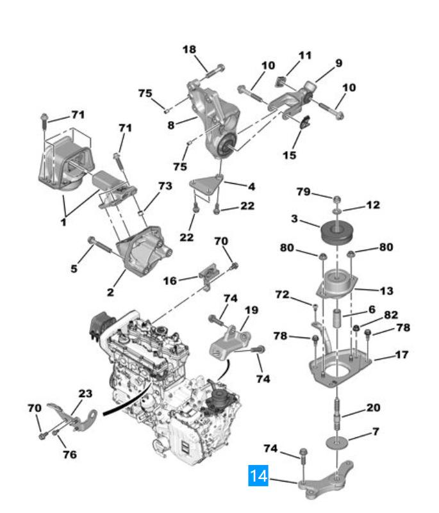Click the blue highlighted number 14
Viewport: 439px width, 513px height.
(258, 475)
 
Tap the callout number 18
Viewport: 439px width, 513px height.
(189, 49)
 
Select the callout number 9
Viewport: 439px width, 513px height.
(338, 63)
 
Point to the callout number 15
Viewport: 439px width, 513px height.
(290, 155)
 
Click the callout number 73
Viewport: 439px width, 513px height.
(165, 186)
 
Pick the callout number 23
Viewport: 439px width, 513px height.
(85, 393)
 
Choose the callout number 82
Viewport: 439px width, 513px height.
(391, 314)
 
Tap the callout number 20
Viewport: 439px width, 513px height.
(373, 407)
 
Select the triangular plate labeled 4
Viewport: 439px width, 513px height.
(206, 186)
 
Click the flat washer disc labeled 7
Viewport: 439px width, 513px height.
(336, 443)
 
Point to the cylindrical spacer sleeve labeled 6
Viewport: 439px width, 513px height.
(338, 318)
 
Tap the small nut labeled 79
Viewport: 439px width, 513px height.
(337, 199)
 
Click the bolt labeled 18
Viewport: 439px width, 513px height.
(214, 71)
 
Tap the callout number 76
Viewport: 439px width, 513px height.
(70, 454)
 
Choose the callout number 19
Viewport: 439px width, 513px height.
(251, 310)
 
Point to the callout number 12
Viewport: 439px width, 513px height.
(373, 205)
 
